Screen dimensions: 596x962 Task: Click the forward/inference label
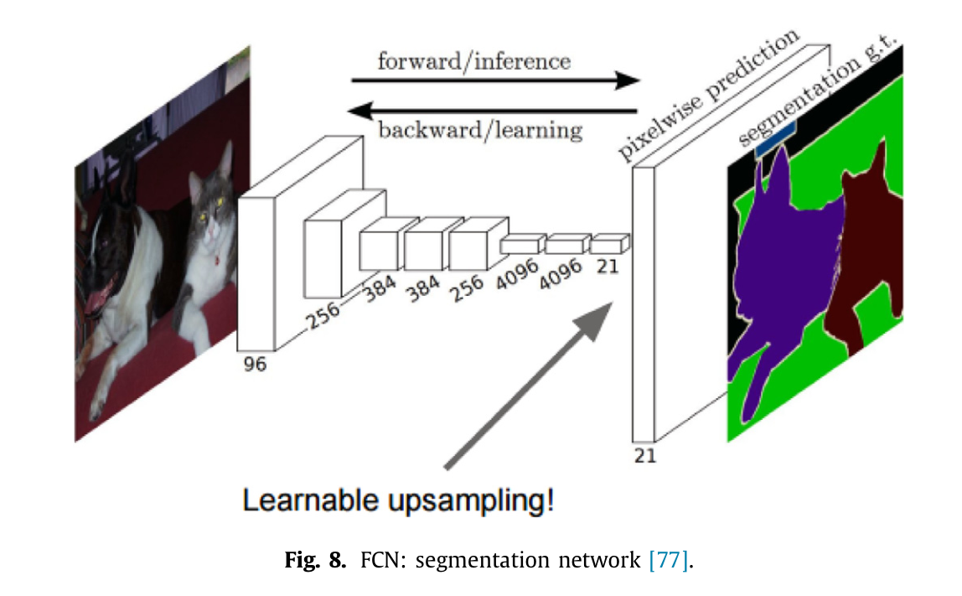[473, 61]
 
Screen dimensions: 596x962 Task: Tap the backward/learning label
[480, 130]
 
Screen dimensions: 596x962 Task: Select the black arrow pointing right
[494, 80]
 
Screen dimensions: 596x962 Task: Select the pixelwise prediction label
[709, 96]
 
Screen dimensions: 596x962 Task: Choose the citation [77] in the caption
[670, 559]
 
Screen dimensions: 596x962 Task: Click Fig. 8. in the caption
[315, 559]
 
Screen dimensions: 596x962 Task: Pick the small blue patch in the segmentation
[774, 138]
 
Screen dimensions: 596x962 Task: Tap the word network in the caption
[596, 559]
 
